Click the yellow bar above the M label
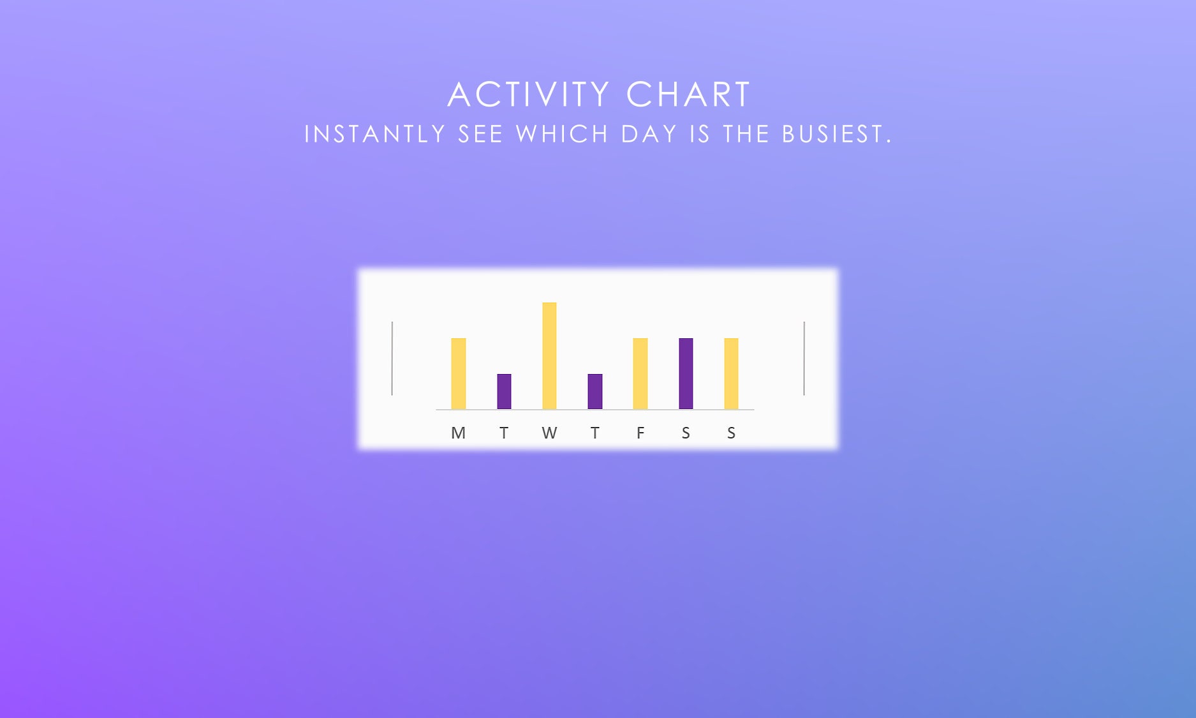(x=458, y=373)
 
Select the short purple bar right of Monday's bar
(x=504, y=391)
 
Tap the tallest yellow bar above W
(x=549, y=355)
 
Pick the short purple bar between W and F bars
(x=594, y=391)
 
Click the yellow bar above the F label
(x=640, y=373)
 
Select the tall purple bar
(x=686, y=373)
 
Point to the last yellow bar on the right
(x=731, y=373)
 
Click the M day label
(x=458, y=433)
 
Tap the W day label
(x=549, y=433)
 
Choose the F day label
(x=640, y=433)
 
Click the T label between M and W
(x=504, y=433)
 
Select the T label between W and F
(x=594, y=433)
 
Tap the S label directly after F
(x=686, y=433)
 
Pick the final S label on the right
(x=731, y=433)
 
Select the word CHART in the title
(x=688, y=95)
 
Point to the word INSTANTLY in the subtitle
(x=374, y=135)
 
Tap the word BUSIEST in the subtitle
(x=836, y=135)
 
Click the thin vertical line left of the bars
(x=392, y=359)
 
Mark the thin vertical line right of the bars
(x=804, y=359)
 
